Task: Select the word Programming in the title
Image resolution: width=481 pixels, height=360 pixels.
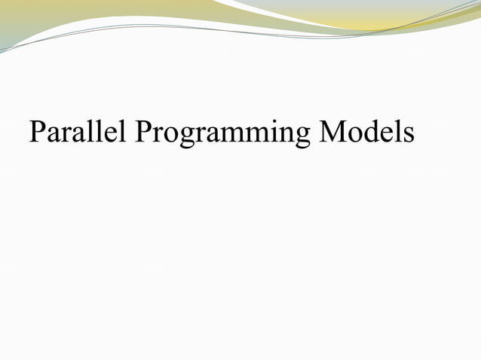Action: point(223,135)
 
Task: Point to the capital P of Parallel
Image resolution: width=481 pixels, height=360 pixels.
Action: point(37,133)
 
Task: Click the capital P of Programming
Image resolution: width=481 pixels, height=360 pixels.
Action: point(144,133)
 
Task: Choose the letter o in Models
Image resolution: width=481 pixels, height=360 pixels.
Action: point(355,135)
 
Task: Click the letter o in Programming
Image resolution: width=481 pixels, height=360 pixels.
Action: point(170,135)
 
